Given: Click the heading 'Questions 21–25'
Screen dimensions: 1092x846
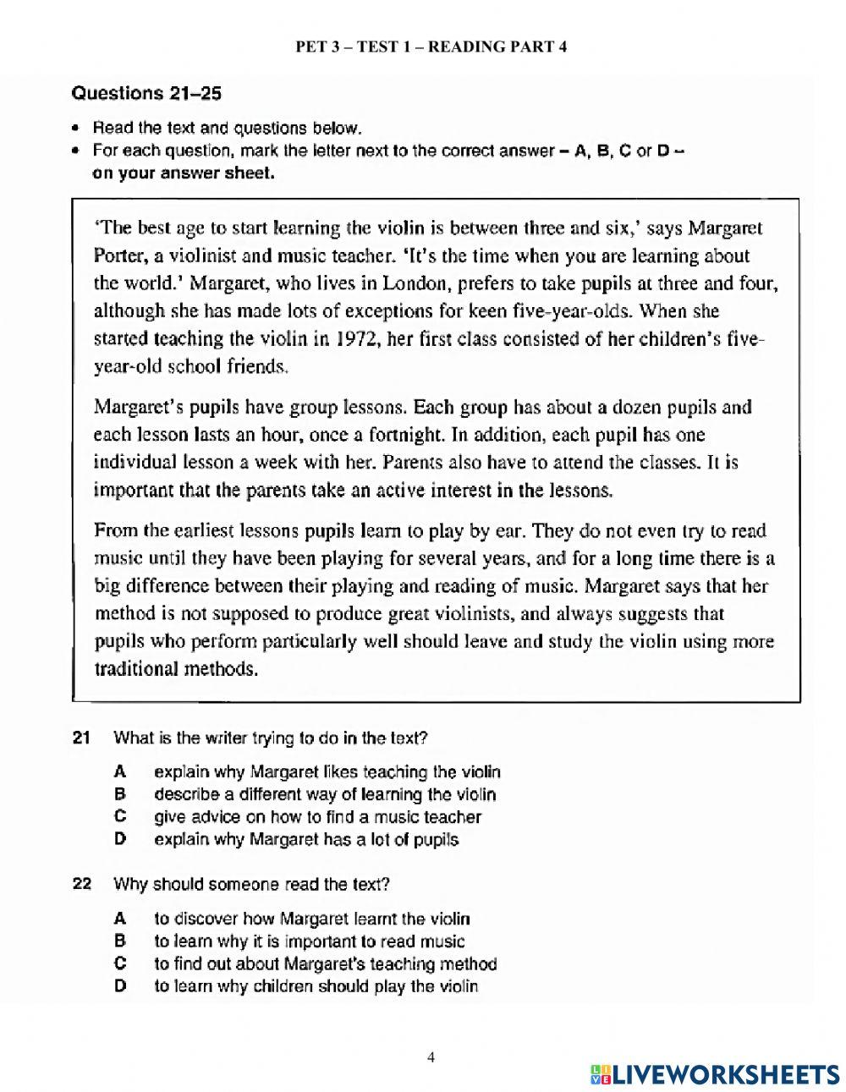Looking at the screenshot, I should click(146, 93).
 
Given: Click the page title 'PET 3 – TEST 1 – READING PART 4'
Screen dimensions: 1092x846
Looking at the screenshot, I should click(431, 47).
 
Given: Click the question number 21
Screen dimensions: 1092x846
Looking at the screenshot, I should click(81, 738).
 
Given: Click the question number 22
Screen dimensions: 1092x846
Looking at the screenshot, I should click(81, 885).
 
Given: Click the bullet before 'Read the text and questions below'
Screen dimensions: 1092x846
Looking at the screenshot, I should click(76, 129).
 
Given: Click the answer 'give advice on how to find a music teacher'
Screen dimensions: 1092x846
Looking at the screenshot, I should click(317, 817).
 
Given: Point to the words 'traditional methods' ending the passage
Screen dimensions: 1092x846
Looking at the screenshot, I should click(175, 668).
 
